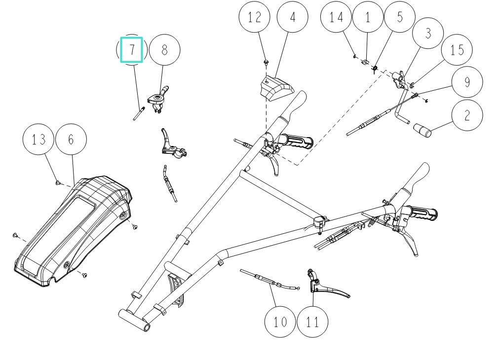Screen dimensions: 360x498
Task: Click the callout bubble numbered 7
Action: (132, 50)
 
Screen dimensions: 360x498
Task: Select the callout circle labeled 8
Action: (164, 50)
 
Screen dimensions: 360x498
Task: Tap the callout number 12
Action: (255, 18)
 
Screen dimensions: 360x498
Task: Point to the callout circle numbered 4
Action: (293, 18)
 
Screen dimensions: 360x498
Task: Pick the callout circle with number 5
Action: (399, 18)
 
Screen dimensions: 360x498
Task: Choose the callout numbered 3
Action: (428, 34)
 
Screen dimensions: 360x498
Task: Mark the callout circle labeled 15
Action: (457, 50)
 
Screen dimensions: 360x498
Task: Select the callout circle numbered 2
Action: (466, 115)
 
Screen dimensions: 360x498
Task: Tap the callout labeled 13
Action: (39, 140)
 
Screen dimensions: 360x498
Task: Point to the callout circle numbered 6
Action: (71, 140)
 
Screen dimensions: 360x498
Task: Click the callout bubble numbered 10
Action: (280, 322)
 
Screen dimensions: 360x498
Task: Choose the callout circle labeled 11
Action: (312, 322)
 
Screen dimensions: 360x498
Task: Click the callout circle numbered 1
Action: (368, 18)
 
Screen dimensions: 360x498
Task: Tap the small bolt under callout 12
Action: (266, 62)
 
